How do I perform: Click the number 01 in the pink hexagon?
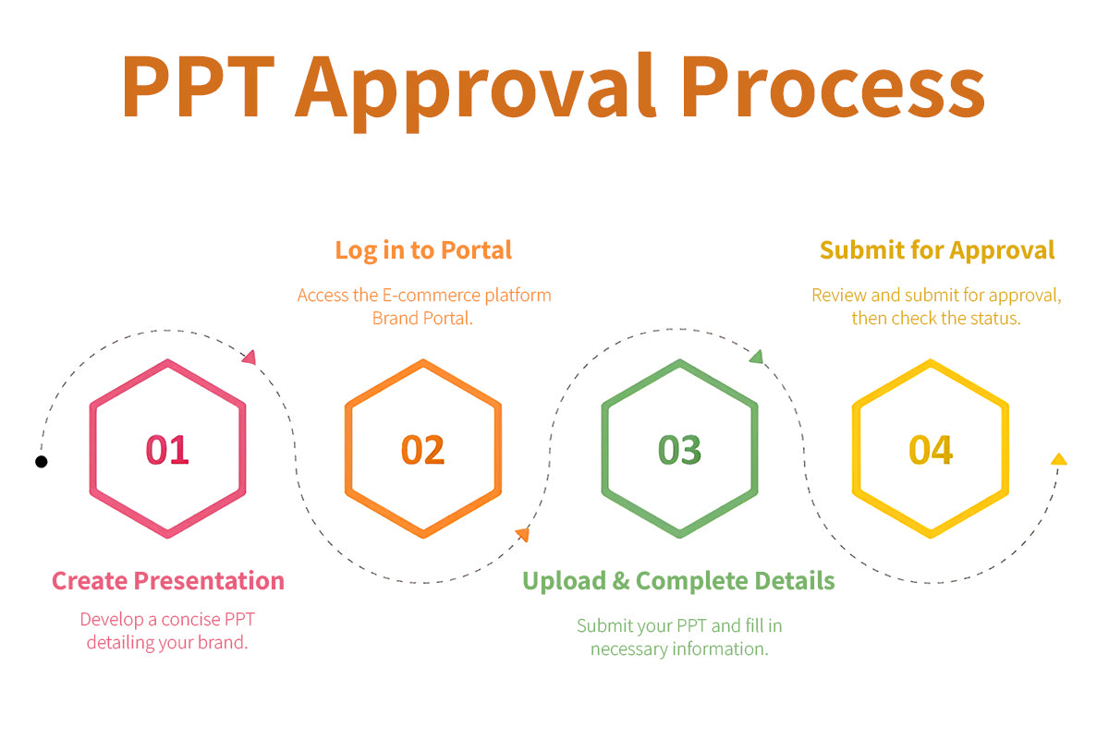point(167,450)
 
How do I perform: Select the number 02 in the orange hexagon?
point(423,450)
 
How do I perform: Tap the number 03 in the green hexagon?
point(679,450)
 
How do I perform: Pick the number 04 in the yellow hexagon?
point(931,450)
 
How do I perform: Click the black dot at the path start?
point(42,461)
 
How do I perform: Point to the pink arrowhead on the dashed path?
point(250,357)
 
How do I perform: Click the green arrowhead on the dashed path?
point(757,357)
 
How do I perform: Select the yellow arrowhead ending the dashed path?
point(1059,459)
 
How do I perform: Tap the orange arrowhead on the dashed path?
point(523,534)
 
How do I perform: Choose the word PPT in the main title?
point(198,87)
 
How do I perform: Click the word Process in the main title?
point(835,87)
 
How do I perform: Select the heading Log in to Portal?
point(423,250)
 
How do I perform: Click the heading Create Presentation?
point(168,581)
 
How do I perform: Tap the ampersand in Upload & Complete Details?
point(621,581)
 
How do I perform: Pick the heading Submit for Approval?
point(937,250)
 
